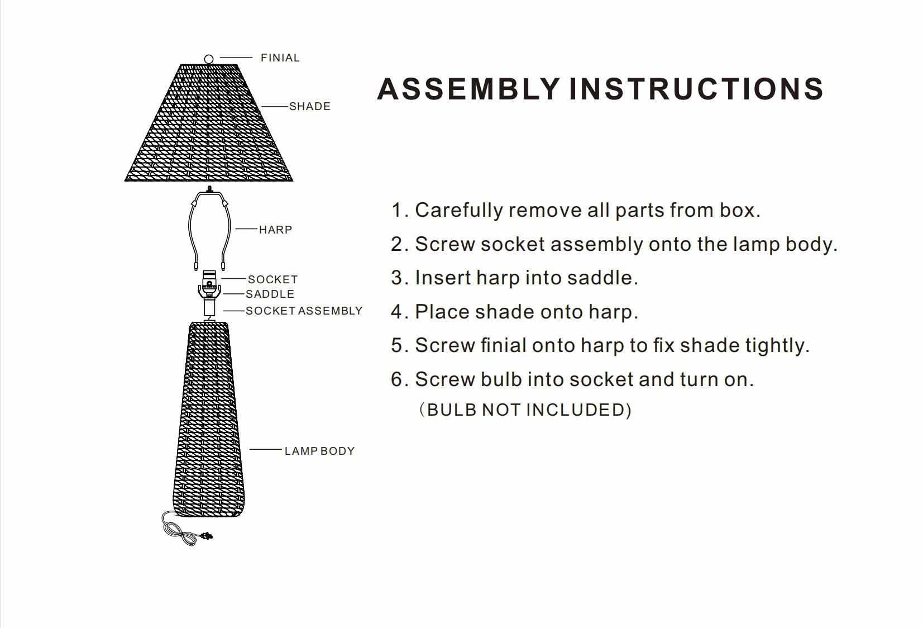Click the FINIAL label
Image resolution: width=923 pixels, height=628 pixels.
point(280,58)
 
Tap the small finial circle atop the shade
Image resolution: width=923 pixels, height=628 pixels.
point(209,59)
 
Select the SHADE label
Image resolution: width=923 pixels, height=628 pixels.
point(310,106)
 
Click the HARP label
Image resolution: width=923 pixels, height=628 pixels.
point(275,230)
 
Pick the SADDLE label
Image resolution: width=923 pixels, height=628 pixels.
point(270,294)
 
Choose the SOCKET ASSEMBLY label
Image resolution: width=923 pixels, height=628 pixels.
point(304,311)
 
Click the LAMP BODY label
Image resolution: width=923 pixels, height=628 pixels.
point(319,451)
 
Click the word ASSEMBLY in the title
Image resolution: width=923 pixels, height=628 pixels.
point(468,89)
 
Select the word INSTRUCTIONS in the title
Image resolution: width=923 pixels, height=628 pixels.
point(696,89)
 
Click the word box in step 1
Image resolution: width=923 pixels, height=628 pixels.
point(740,210)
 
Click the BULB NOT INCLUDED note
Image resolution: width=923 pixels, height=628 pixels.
point(525,410)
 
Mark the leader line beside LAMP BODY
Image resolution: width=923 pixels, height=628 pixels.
point(266,449)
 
